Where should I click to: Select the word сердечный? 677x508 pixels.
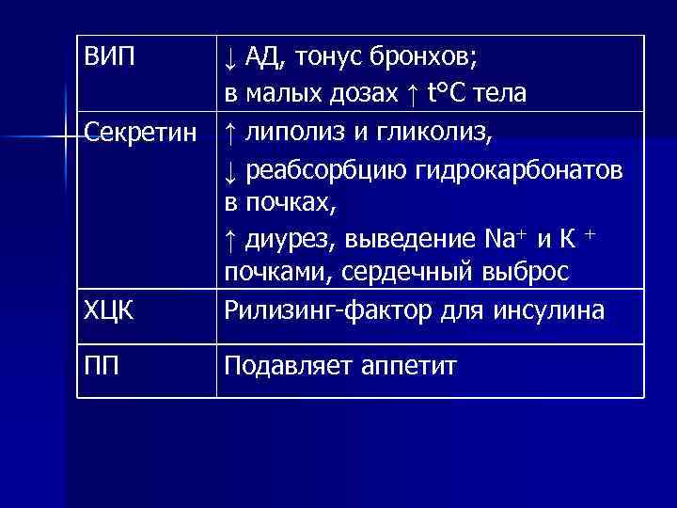401,273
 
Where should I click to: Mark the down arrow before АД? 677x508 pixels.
228,59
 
